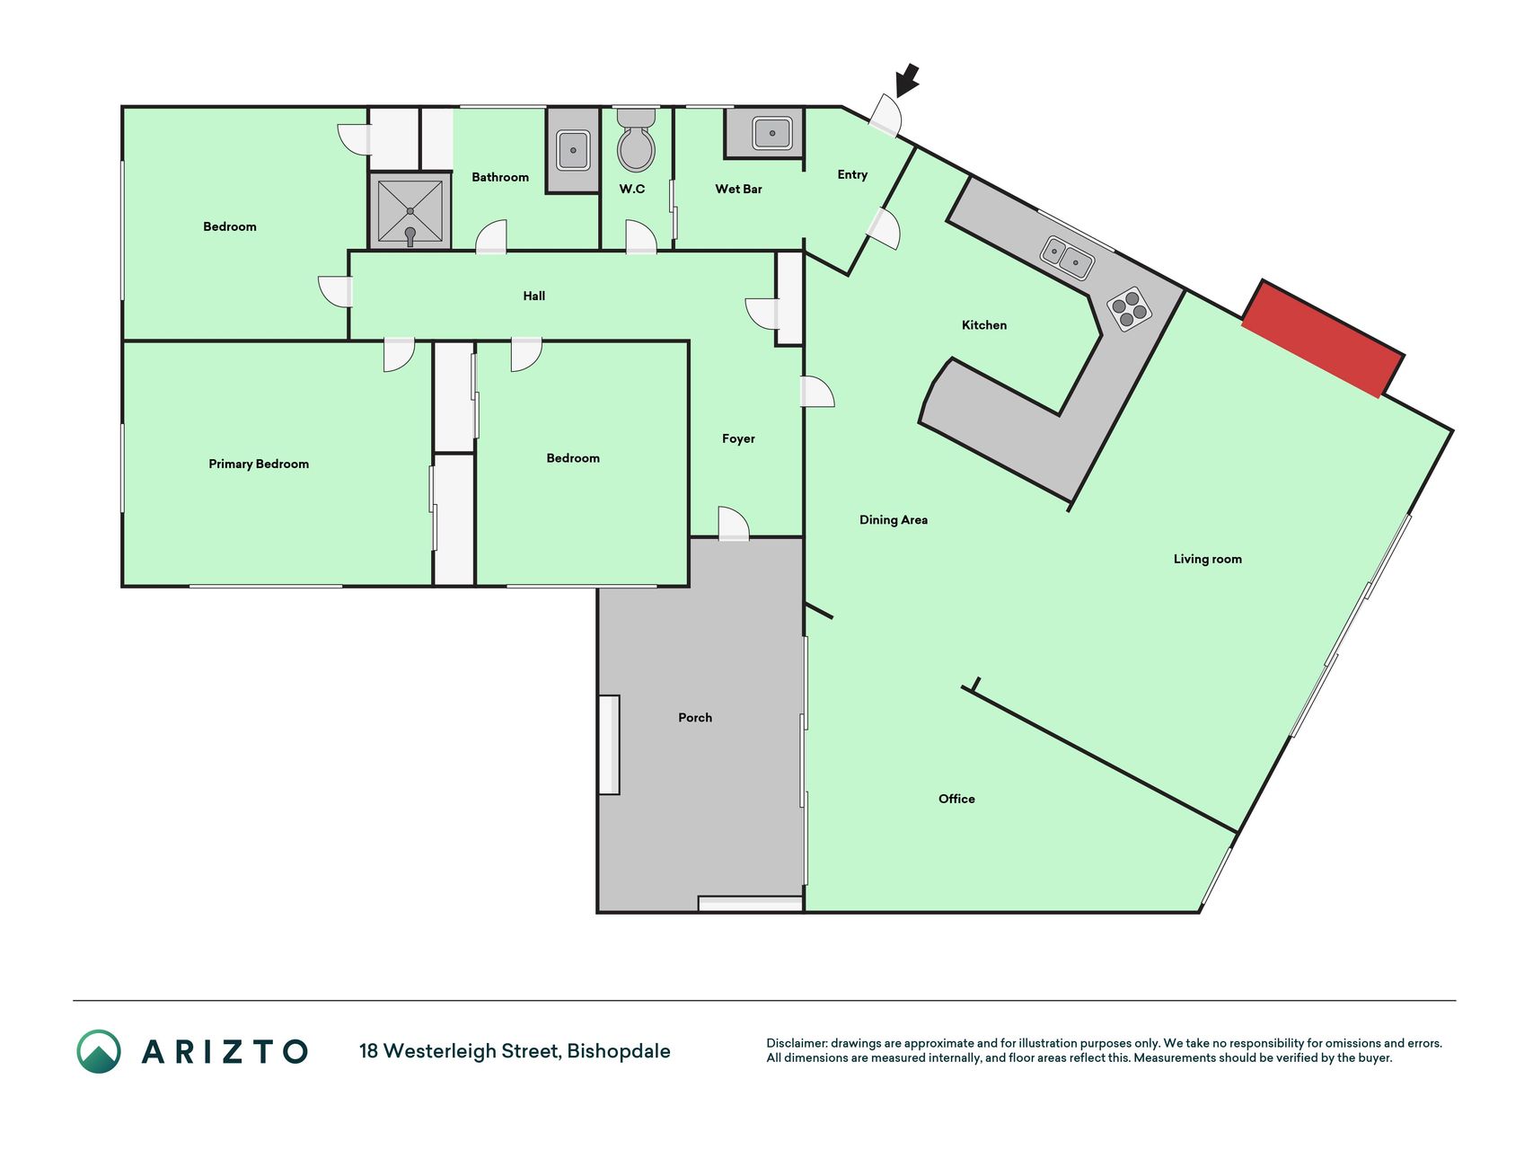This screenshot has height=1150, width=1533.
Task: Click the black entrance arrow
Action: click(908, 79)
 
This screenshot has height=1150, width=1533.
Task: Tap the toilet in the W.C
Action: click(636, 140)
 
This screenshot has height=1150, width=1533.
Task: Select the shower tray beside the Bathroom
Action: click(410, 211)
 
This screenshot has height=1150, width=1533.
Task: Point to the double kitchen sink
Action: click(1067, 257)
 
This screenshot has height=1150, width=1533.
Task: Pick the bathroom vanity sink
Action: click(573, 150)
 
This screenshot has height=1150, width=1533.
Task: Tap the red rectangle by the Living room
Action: click(1323, 339)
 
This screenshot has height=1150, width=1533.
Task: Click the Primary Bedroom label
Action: click(259, 464)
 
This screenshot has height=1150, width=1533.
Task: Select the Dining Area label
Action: click(894, 519)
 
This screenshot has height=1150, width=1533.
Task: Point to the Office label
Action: click(956, 799)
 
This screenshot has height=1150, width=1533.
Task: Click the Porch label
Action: click(695, 717)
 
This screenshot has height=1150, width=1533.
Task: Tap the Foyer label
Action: click(738, 438)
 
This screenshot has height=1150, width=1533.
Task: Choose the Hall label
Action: click(534, 296)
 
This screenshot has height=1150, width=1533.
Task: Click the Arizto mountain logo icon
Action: click(99, 1051)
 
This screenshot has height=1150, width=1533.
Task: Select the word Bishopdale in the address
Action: click(619, 1051)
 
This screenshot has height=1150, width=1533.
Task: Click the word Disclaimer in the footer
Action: click(796, 1043)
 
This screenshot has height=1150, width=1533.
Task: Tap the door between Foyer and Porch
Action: click(734, 524)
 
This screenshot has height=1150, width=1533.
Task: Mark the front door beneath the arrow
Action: click(885, 116)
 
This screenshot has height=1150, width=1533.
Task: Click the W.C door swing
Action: click(641, 237)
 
